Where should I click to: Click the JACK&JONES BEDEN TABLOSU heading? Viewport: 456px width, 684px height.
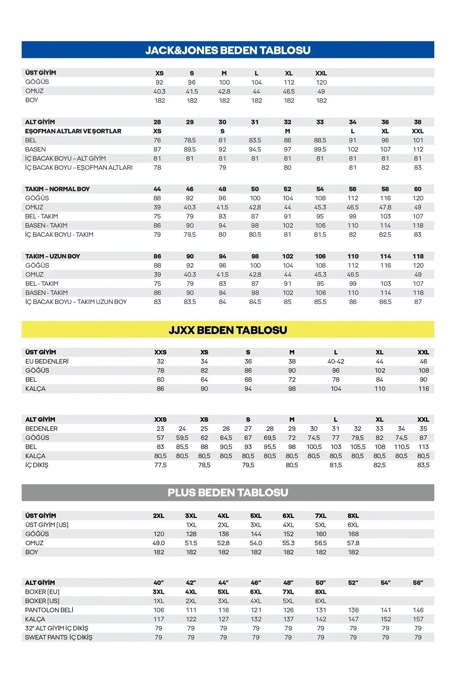pos(228,50)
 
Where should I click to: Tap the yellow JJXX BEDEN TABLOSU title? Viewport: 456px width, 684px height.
pos(228,330)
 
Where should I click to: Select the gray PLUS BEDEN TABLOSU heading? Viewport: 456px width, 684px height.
pos(228,492)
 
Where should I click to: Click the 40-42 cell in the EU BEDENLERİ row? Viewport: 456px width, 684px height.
pos(336,361)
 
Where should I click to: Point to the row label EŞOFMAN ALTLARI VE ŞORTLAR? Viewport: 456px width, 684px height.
pos(73,131)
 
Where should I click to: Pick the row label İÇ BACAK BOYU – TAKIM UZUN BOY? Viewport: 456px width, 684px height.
pos(76,302)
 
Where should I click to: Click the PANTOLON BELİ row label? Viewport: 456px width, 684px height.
pos(49,610)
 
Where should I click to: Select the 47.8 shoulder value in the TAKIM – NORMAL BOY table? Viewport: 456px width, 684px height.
pos(385,207)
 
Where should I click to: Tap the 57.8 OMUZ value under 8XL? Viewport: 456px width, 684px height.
pos(353,543)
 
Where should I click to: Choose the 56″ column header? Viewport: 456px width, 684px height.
pos(418,583)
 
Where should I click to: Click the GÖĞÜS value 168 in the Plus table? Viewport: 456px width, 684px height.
pos(353,534)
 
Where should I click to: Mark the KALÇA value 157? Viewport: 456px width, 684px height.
pos(418,619)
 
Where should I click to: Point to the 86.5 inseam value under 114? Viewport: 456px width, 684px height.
pos(385,302)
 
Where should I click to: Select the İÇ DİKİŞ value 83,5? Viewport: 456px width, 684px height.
pos(423,465)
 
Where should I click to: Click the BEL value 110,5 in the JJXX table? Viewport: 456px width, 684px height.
pos(402,447)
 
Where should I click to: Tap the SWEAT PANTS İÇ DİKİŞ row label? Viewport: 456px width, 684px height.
pos(59,637)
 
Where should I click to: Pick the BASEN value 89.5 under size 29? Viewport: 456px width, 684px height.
pos(190,149)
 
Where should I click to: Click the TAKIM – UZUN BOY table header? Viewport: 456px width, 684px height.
pos(52,256)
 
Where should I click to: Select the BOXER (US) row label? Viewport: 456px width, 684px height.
pos(42,601)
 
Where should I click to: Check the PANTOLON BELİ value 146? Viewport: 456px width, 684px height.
pos(418,610)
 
